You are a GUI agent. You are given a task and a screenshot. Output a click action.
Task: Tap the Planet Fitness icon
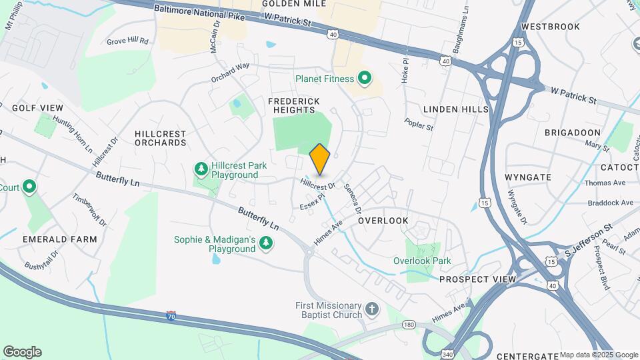click(x=364, y=79)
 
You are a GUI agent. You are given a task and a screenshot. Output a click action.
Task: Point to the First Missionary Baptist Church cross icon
click(x=372, y=311)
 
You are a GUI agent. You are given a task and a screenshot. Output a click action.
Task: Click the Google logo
click(x=22, y=352)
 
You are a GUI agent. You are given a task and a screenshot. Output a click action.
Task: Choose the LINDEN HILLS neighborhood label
click(x=456, y=109)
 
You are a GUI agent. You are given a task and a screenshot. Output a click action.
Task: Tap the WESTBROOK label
click(x=547, y=27)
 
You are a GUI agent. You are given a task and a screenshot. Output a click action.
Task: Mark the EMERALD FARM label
click(x=59, y=239)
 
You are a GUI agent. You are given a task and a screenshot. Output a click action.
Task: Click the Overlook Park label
click(x=421, y=261)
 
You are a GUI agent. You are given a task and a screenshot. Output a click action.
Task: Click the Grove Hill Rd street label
click(x=127, y=41)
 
